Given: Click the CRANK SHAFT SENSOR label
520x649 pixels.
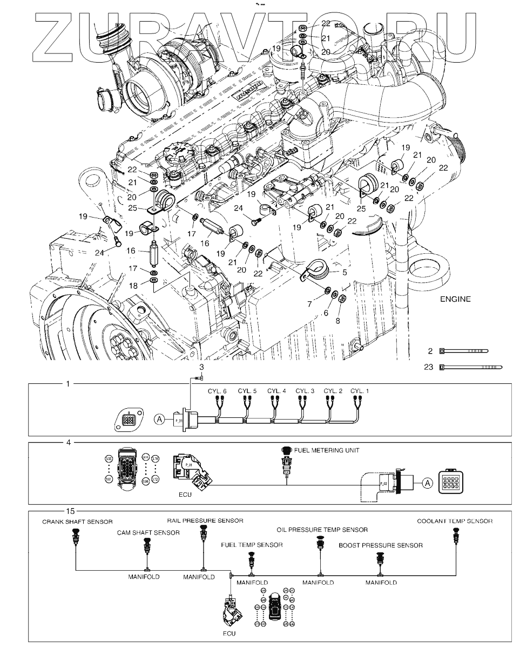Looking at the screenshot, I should tap(78, 522).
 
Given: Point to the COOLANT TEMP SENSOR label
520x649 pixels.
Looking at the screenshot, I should tap(455, 522).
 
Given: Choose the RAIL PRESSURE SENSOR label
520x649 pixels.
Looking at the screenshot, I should tap(205, 520).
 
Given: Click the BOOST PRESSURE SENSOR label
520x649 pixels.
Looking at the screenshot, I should tap(381, 545).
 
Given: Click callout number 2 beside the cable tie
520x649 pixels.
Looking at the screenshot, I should tap(430, 351).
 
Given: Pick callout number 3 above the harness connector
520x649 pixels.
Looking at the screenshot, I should tap(201, 367).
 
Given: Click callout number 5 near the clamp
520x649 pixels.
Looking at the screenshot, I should tap(343, 273).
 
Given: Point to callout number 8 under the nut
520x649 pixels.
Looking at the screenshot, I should tap(338, 320).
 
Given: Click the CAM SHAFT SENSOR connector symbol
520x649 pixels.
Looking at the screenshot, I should tap(147, 550).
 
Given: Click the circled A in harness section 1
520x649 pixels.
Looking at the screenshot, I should tap(159, 417).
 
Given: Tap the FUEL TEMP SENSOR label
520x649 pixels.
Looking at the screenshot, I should tap(252, 545).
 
